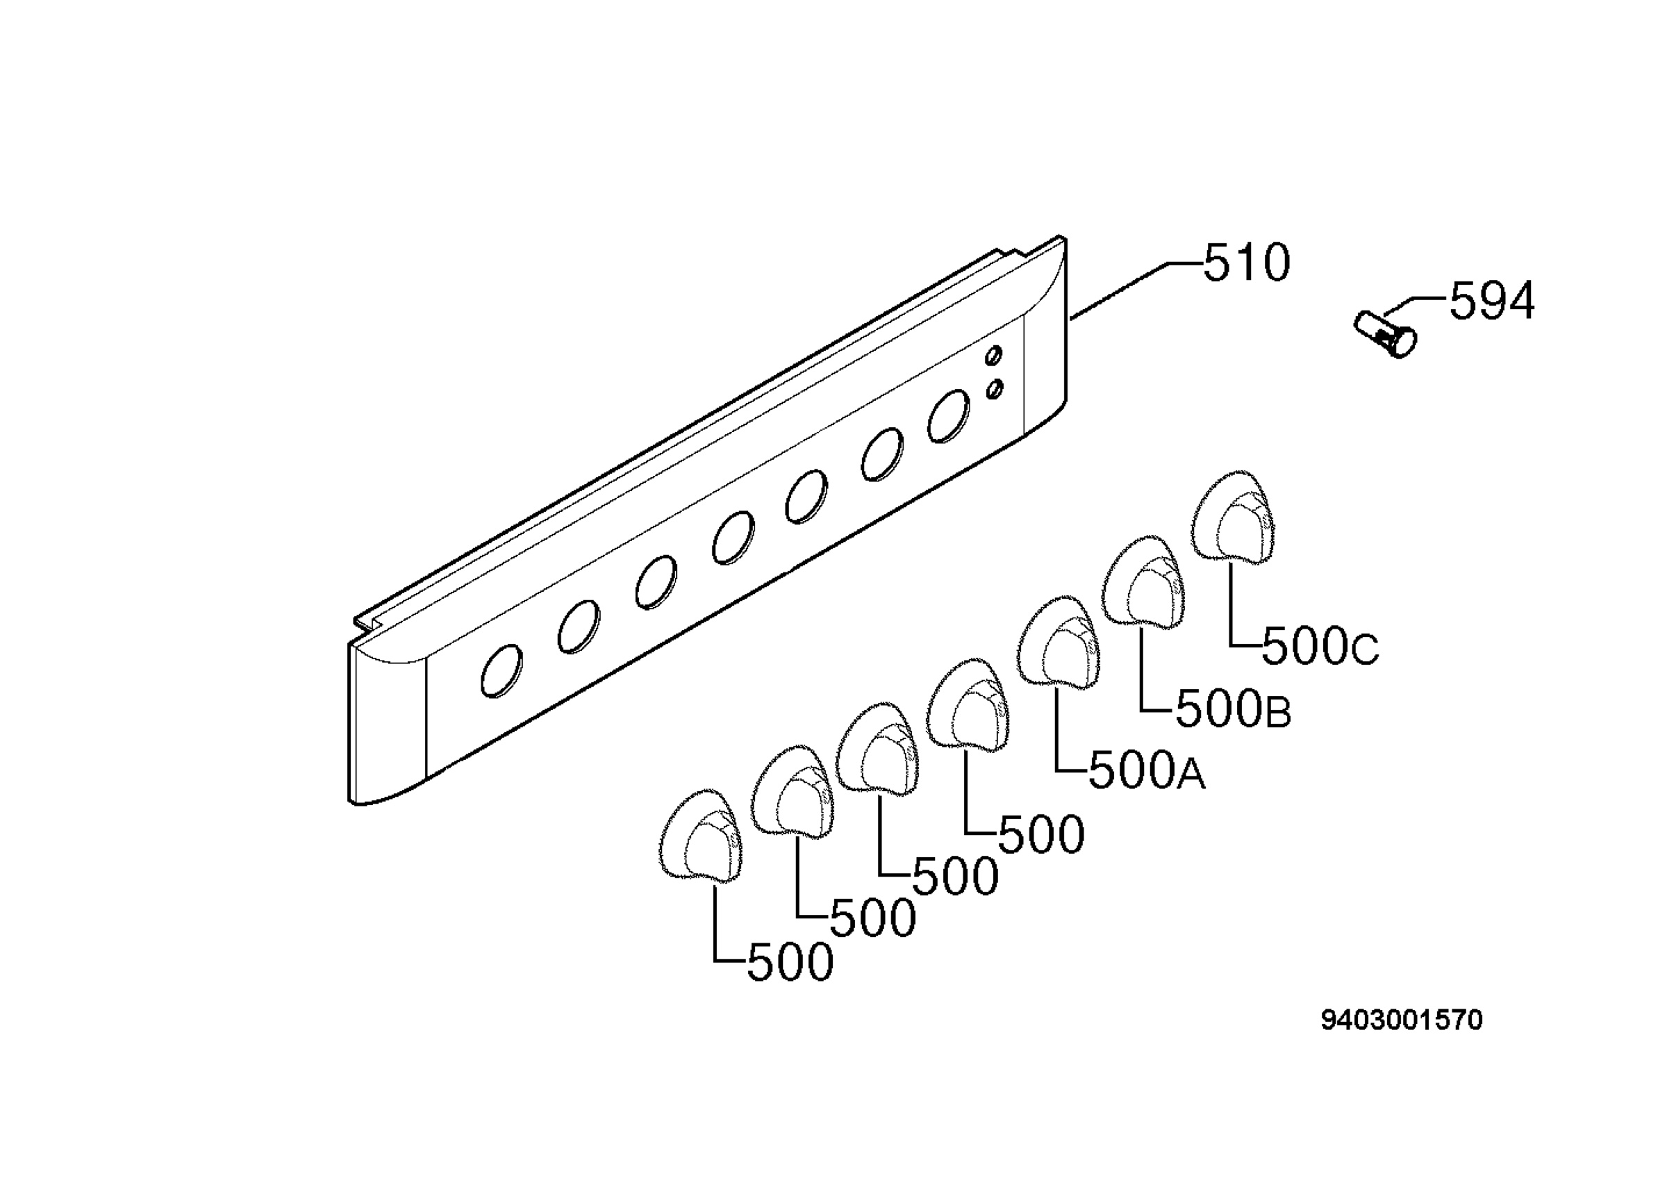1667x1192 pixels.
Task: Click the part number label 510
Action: point(1246,263)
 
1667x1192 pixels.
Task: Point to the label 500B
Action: point(1234,710)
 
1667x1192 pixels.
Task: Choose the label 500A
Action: point(1147,770)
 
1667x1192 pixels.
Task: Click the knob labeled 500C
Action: point(1233,518)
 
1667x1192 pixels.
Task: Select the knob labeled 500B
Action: point(1143,582)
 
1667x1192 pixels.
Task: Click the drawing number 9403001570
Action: point(1402,1020)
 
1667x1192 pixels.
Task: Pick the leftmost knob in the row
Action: point(700,836)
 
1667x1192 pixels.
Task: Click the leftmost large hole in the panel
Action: point(502,671)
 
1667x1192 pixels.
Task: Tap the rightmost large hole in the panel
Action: point(948,416)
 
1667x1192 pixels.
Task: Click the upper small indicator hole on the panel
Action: point(993,356)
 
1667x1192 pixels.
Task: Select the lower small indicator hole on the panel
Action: point(994,388)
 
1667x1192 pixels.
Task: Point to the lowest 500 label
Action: point(790,962)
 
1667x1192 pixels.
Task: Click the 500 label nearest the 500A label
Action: point(1041,834)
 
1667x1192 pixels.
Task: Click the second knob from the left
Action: point(793,791)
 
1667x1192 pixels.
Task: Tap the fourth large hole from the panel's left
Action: point(733,538)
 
